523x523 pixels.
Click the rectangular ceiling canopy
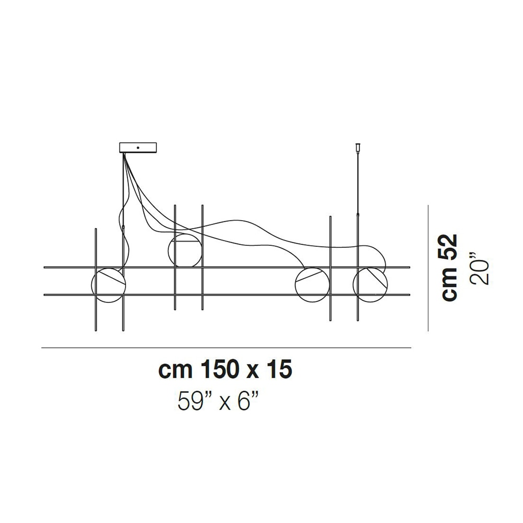click(138, 147)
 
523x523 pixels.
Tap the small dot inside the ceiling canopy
click(138, 147)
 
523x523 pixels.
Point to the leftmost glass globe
click(109, 286)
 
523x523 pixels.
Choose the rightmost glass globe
click(371, 286)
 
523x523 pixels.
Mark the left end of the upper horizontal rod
click(46, 267)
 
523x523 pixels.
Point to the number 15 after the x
click(278, 370)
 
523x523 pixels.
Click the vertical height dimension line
click(429, 267)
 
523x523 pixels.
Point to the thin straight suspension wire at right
click(358, 178)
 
